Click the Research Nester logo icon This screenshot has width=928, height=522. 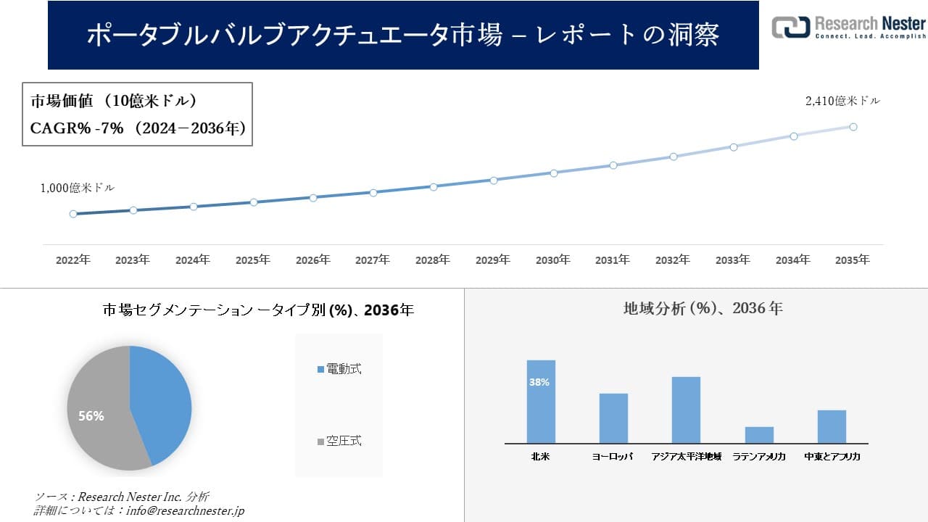pyautogui.click(x=790, y=27)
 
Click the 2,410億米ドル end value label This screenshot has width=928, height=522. pyautogui.click(x=842, y=101)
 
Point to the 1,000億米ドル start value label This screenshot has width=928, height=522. pyautogui.click(x=77, y=188)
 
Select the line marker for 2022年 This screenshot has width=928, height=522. pyautogui.click(x=73, y=214)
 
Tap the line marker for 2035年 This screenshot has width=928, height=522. pyautogui.click(x=853, y=127)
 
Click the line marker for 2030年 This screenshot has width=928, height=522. pyautogui.click(x=553, y=173)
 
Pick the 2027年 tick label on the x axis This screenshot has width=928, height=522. pyautogui.click(x=373, y=260)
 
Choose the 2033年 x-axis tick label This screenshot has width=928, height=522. pyautogui.click(x=733, y=260)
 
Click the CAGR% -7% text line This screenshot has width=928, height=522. pyautogui.click(x=138, y=128)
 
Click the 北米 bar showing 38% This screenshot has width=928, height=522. pyautogui.click(x=541, y=402)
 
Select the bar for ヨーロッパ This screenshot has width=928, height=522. pyautogui.click(x=613, y=418)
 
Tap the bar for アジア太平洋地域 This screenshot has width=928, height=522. pyautogui.click(x=686, y=410)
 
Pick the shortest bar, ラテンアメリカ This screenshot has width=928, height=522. pyautogui.click(x=759, y=435)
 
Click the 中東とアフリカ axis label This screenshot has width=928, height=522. pyautogui.click(x=832, y=457)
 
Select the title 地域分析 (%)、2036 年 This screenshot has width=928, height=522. pyautogui.click(x=703, y=308)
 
